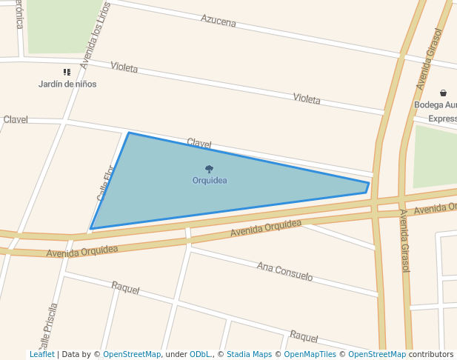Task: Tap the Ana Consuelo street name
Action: pos(284,271)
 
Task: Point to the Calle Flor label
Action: pos(104,183)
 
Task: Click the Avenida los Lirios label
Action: pos(95,36)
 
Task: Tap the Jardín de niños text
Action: pos(67,84)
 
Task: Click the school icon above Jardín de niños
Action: pos(67,73)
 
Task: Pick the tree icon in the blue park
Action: pos(210,169)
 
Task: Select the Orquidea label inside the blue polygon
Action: pos(210,180)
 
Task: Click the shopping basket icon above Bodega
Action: pos(443,93)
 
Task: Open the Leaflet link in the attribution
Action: pos(41,355)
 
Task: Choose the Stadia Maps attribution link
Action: pos(249,355)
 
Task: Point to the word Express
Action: pos(442,119)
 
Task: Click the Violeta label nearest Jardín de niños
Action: pos(124,67)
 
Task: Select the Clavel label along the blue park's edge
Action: pos(199,142)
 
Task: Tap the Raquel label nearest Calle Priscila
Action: pos(125,288)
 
